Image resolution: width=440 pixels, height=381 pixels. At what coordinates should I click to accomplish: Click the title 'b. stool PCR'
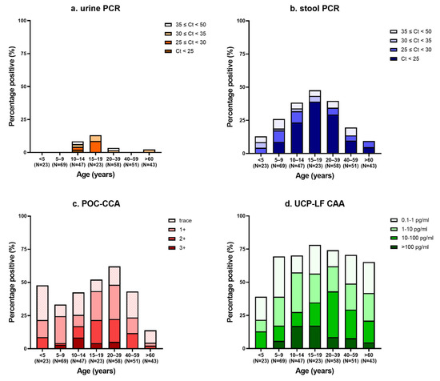point(338,6)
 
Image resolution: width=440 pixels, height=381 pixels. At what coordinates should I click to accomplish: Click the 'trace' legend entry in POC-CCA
point(186,219)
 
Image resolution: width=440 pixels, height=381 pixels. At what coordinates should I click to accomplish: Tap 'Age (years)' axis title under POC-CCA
point(105,373)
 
